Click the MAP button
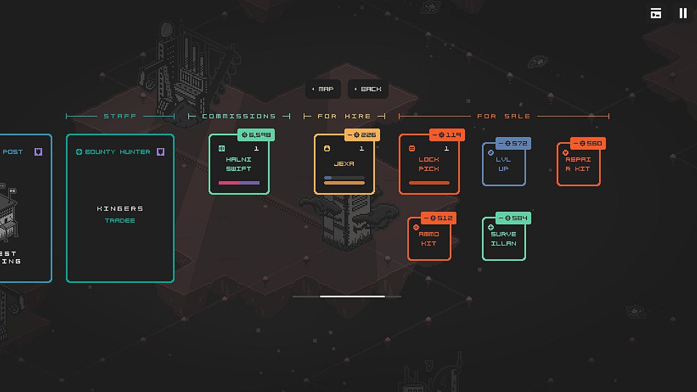pos(323,89)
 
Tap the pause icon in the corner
pos(683,14)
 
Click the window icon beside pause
pos(656,14)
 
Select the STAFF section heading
pos(120,116)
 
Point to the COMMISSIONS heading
pos(239,116)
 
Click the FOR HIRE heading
pos(344,116)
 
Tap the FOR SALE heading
pos(504,116)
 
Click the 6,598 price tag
pos(256,134)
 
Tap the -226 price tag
pos(362,134)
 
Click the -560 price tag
pos(588,144)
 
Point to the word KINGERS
pos(120,209)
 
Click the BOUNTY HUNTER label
pos(118,152)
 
